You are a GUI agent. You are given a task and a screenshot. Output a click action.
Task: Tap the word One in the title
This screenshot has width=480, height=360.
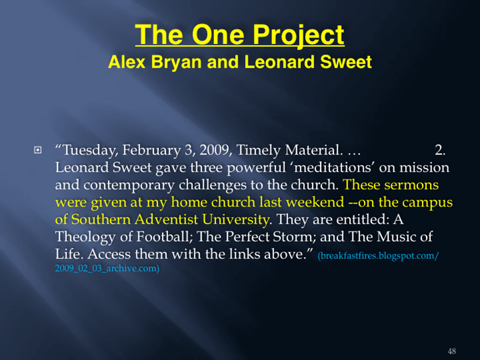218,34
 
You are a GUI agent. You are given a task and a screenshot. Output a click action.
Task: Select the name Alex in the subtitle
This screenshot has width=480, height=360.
127,62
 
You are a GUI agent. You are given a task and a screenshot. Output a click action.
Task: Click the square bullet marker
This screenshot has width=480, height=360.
38,150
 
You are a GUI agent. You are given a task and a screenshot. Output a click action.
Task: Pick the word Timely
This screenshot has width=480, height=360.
259,151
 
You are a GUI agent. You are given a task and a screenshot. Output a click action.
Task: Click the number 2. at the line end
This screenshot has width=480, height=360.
440,150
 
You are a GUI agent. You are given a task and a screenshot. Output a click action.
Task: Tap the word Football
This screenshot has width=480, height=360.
164,237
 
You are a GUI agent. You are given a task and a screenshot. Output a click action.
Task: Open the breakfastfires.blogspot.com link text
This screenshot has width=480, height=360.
378,255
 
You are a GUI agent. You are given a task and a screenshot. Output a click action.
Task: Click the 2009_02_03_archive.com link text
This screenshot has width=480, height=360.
107,268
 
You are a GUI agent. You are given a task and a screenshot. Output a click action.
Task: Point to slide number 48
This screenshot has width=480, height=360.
452,351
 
